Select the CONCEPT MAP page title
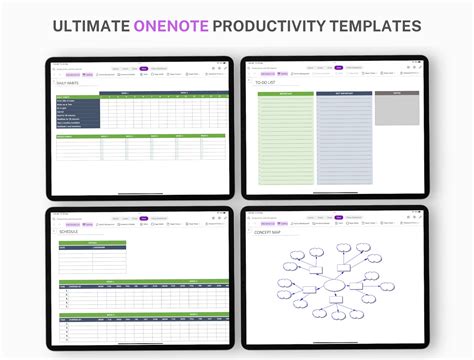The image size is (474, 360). coord(269,231)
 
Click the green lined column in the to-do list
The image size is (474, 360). coord(285,140)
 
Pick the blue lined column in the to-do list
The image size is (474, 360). coord(343,140)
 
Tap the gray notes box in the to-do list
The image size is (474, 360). coord(396,110)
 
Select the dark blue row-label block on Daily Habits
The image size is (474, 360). coord(78,112)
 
